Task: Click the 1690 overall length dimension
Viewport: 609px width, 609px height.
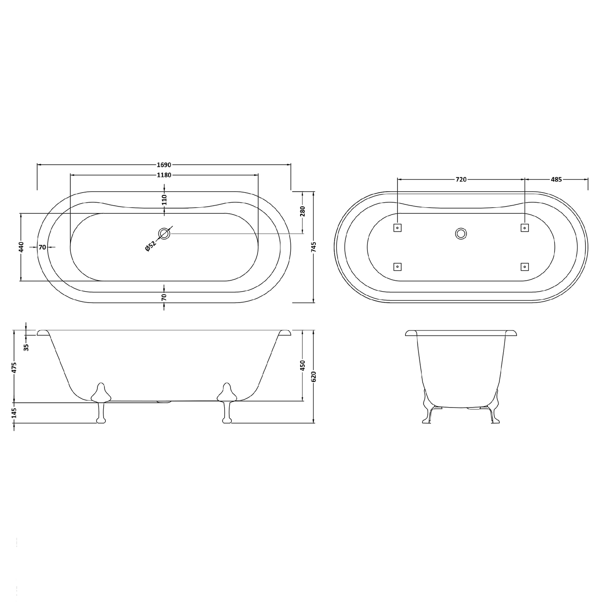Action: [164, 165]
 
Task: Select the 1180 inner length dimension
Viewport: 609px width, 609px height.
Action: [164, 175]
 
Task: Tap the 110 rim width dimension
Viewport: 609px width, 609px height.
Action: [164, 200]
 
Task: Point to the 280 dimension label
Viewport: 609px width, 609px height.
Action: [303, 211]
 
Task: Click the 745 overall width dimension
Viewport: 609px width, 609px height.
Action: [314, 247]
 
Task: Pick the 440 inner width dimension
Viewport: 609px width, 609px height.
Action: [21, 247]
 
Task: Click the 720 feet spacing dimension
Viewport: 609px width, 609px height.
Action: [461, 180]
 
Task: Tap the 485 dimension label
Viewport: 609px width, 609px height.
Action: [556, 180]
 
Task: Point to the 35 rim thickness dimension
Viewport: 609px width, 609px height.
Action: [26, 347]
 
